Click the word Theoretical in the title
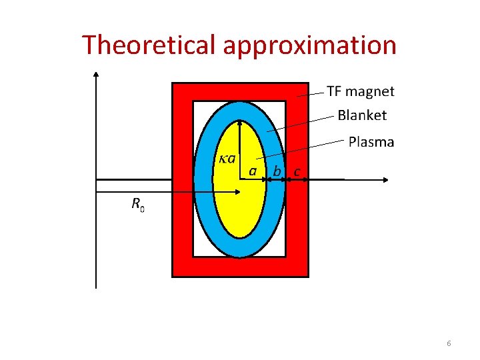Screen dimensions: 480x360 tap(150, 45)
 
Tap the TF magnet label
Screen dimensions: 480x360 tap(360, 91)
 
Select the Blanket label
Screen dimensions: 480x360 tap(362, 115)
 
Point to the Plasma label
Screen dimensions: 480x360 tap(371, 142)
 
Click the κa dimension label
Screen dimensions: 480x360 tap(227, 159)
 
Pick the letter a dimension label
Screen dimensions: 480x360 tap(253, 171)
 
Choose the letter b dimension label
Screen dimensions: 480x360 tap(277, 172)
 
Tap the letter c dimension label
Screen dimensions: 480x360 tap(297, 172)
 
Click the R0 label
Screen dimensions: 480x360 tap(137, 204)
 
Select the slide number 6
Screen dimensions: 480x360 tap(449, 343)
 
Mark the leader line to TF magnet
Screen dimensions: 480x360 tap(311, 95)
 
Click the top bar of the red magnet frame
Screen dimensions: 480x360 tap(240, 91)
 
